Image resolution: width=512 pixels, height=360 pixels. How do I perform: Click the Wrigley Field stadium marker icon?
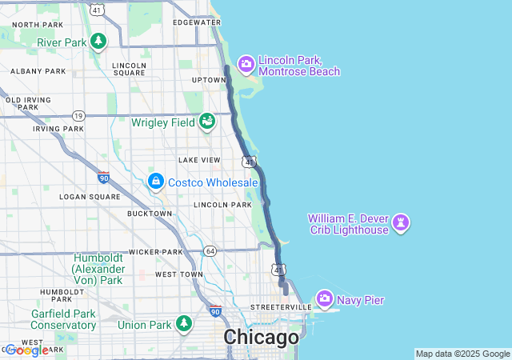coord(207,122)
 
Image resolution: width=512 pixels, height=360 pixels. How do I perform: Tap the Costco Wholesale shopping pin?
coord(155,182)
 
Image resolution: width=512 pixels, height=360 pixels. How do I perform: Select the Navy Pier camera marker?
coord(325,300)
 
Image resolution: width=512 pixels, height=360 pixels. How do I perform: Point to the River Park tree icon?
coord(98,42)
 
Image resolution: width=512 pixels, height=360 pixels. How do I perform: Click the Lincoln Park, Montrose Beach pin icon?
coord(246,64)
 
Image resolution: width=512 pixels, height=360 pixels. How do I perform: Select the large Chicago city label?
coord(261,338)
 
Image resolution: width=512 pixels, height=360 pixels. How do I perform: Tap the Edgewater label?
coord(196,22)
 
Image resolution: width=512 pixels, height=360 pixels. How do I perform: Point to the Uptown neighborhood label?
coord(209,80)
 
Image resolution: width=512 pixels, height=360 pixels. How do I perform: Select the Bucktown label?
coord(150,214)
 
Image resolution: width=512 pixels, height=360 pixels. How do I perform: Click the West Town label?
coord(179,274)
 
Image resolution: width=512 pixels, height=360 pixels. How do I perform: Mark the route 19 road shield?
coord(78,115)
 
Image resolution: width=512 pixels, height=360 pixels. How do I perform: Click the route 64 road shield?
coord(210,250)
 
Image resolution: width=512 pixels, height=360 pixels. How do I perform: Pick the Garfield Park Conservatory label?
coord(64,319)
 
